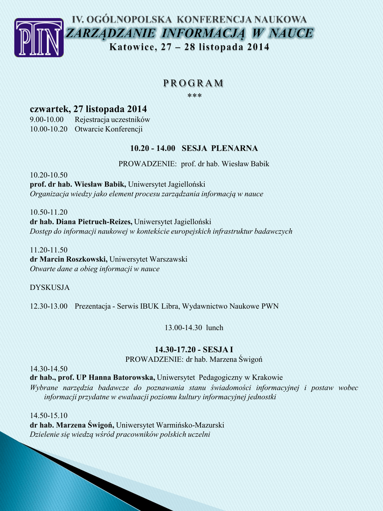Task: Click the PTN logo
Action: pyautogui.click(x=39, y=37)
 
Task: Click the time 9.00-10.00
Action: pyautogui.click(x=47, y=120)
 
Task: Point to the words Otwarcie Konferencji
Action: pyautogui.click(x=109, y=129)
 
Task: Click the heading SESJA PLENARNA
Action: pyautogui.click(x=219, y=148)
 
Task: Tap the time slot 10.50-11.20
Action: pyautogui.click(x=49, y=212)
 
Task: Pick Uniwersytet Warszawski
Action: pyautogui.click(x=148, y=259)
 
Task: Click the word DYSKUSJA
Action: pyautogui.click(x=50, y=287)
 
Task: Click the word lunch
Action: pyautogui.click(x=214, y=328)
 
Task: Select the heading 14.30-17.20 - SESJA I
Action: pyautogui.click(x=193, y=350)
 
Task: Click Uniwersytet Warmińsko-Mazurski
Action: pyautogui.click(x=170, y=425)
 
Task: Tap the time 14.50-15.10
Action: pyautogui.click(x=49, y=415)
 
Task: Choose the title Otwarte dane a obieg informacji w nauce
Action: pyautogui.click(x=95, y=268)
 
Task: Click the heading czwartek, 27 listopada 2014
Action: pyautogui.click(x=88, y=109)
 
